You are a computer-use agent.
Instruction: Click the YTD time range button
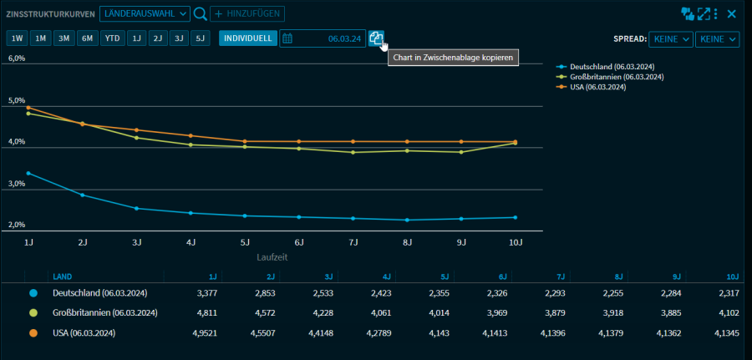[112, 38]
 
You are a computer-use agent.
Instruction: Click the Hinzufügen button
[246, 13]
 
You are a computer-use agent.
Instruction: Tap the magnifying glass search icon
[200, 13]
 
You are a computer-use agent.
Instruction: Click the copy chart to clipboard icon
[376, 38]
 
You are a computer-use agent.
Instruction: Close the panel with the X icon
[731, 13]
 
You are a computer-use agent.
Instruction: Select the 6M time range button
[87, 38]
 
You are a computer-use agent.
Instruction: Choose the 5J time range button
[199, 38]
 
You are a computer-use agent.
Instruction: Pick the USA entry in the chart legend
[597, 86]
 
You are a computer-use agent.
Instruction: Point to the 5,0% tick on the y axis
[17, 100]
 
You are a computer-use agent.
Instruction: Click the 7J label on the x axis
[353, 242]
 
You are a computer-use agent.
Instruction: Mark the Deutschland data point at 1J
[28, 173]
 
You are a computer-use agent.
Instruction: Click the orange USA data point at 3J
[136, 129]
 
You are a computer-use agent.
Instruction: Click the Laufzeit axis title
[272, 257]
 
